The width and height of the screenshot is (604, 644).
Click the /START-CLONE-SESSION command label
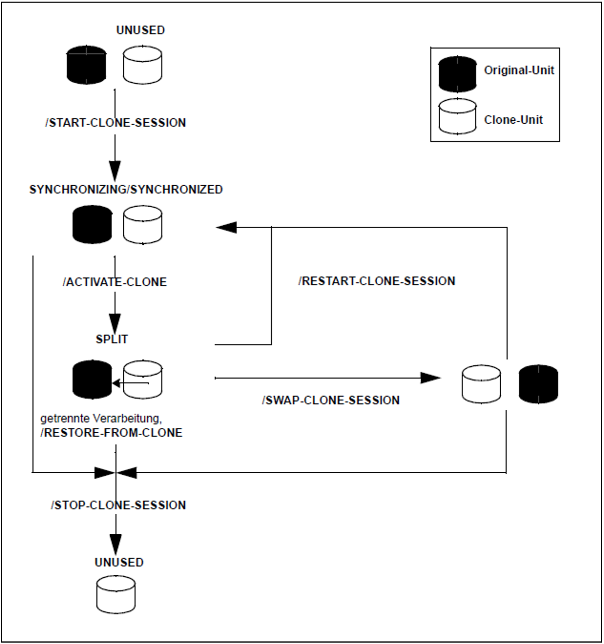116,123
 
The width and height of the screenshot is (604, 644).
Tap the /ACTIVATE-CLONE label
115,282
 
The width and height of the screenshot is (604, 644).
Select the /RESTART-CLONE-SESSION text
377,281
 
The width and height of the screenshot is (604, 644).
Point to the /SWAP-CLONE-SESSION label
331,401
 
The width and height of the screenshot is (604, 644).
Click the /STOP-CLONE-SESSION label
118,505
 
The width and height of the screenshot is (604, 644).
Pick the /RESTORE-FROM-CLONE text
112,433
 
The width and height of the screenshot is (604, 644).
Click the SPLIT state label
112,339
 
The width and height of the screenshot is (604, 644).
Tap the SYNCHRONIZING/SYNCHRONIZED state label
126,189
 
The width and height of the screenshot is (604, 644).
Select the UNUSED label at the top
141,30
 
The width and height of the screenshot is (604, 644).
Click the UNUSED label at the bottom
119,562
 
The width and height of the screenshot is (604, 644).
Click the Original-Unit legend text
519,70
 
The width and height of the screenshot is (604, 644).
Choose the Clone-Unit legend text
513,120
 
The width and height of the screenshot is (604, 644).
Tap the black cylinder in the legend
457,74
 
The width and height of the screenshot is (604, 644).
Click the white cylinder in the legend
457,116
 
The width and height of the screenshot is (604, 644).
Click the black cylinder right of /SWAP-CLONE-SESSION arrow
539,384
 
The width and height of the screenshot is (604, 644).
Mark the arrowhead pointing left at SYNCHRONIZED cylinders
226,227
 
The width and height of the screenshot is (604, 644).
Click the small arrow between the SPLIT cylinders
130,384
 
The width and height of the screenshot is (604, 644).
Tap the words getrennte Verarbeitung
101,419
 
